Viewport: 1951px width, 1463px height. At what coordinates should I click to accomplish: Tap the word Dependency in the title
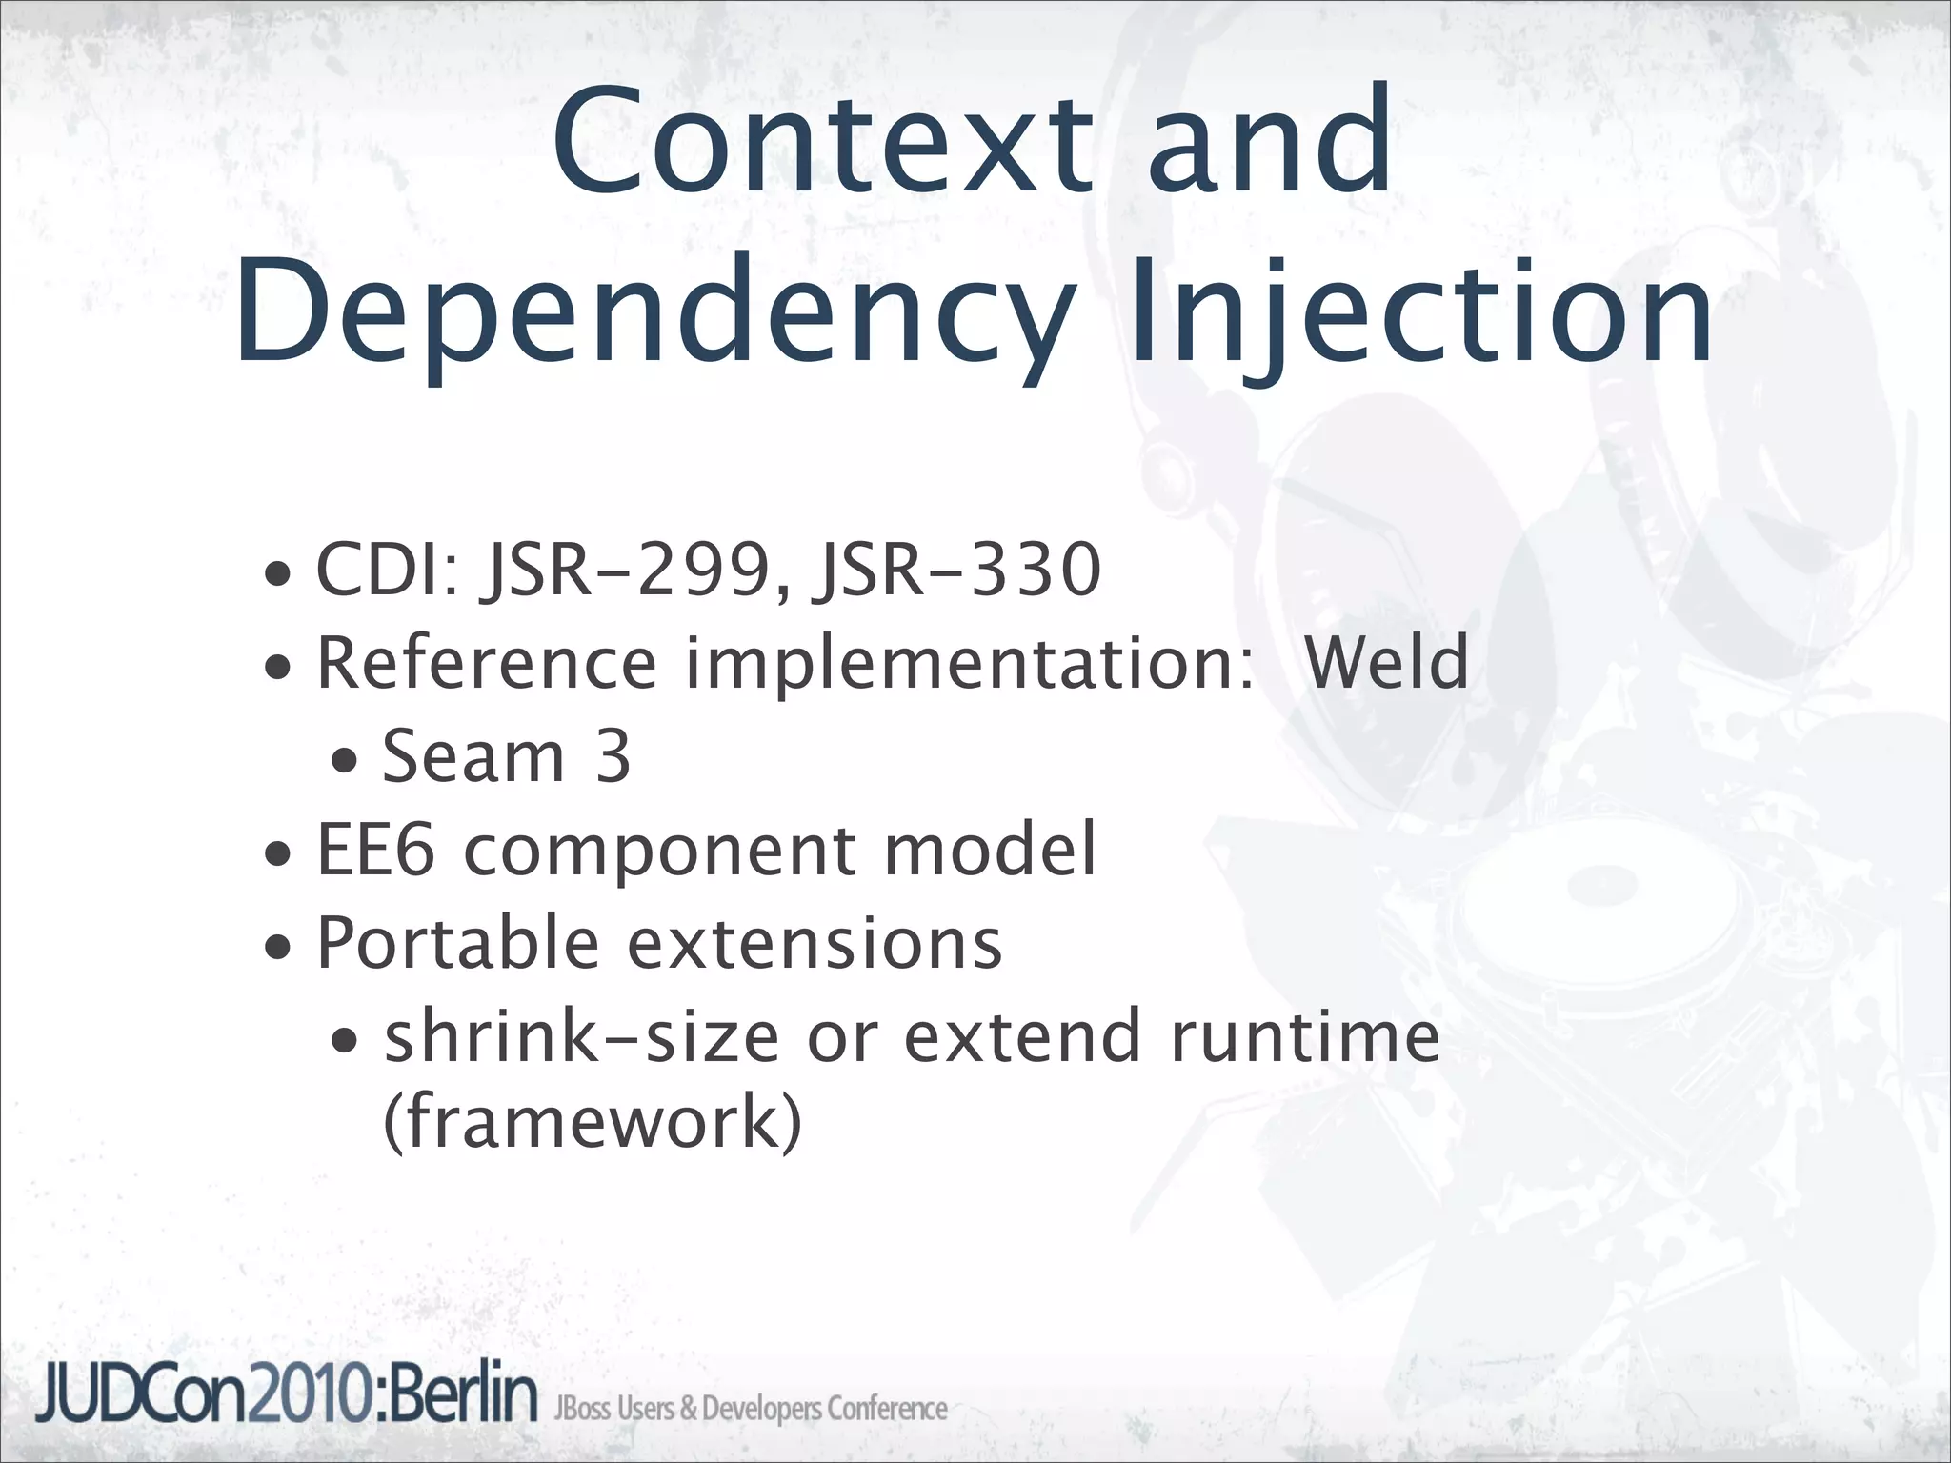[654, 314]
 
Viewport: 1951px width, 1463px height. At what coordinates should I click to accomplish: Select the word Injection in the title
[1419, 314]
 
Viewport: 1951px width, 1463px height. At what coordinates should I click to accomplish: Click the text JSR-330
[955, 570]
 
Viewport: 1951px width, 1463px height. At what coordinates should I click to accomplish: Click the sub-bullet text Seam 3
[506, 755]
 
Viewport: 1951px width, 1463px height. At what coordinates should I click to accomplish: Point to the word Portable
[457, 942]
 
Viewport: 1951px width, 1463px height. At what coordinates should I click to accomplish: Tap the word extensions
[814, 942]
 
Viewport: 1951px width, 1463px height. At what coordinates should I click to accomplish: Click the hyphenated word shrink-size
[581, 1035]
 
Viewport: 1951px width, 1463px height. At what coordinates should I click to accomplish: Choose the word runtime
[1304, 1035]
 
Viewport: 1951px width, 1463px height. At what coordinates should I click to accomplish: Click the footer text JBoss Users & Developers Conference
[751, 1409]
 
